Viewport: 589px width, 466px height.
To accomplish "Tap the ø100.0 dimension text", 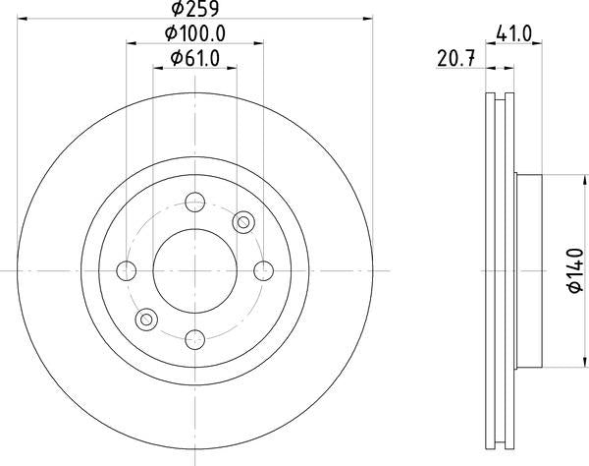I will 195,33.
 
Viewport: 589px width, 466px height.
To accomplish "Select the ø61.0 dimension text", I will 194,59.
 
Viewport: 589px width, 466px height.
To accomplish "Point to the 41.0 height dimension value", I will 513,33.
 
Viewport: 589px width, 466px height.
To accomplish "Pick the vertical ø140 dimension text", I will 575,268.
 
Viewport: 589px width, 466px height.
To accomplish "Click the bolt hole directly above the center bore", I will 194,203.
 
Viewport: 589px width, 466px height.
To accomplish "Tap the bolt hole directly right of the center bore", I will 262,270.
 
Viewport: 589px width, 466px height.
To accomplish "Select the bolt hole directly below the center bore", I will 194,338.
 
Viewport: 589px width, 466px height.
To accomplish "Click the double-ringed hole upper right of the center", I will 242,223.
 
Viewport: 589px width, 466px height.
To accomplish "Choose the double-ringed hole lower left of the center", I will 147,319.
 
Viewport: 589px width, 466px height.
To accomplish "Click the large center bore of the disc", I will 194,270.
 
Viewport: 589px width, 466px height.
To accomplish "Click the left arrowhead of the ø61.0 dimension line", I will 157,68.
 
